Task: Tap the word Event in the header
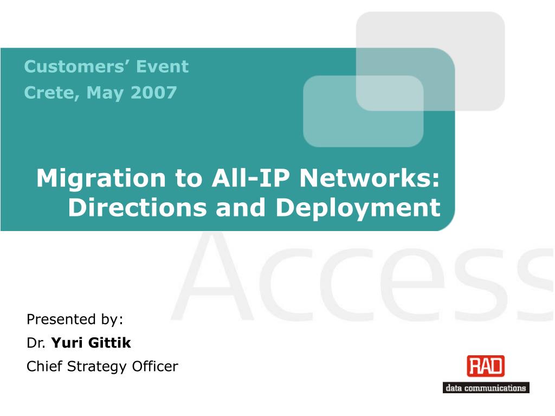pos(162,67)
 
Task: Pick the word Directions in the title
pos(138,208)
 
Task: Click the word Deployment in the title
pos(358,208)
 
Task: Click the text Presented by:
pos(75,319)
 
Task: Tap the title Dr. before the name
pos(37,343)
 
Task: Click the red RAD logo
pos(485,366)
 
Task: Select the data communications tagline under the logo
pos(486,388)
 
